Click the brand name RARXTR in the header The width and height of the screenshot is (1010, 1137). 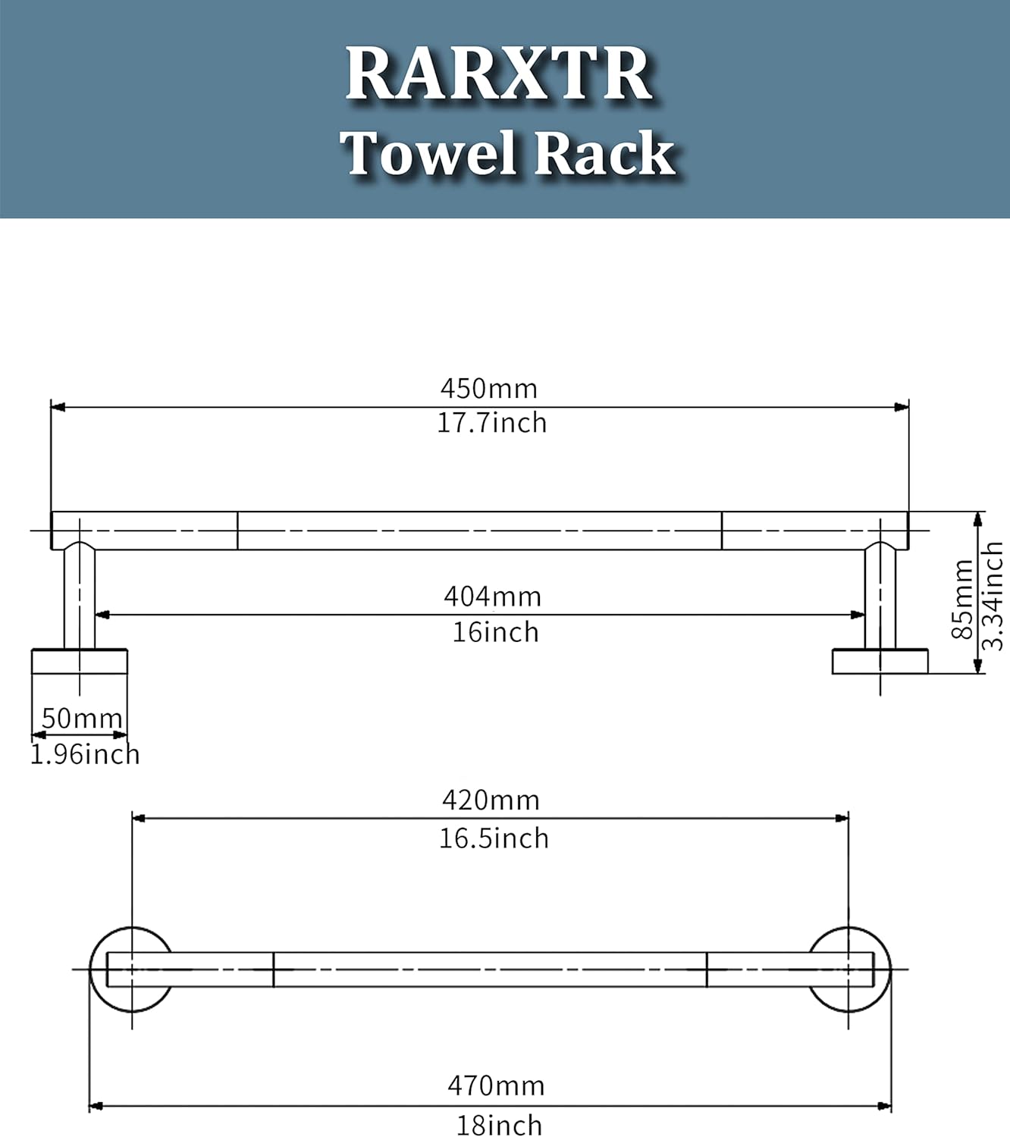click(499, 74)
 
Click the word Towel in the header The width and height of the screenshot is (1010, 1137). click(431, 153)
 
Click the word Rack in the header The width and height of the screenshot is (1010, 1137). click(604, 153)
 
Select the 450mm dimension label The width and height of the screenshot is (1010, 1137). click(489, 388)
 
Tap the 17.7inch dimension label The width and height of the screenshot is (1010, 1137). click(491, 422)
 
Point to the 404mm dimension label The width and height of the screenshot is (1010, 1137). click(493, 597)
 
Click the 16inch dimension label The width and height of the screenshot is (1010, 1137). click(495, 631)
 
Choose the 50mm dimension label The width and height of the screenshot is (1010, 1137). click(82, 718)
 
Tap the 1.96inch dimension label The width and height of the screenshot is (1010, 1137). click(85, 754)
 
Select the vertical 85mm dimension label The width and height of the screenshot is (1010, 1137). click(961, 600)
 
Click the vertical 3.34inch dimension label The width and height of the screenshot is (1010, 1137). click(993, 596)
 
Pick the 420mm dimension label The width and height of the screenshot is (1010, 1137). click(491, 800)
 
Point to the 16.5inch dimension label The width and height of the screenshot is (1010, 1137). click(494, 838)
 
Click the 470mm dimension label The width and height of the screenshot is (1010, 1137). click(496, 1085)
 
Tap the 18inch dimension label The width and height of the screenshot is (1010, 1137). click(499, 1125)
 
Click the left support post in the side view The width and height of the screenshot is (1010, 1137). click(79, 599)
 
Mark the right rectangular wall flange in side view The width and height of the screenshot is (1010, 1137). click(880, 661)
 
